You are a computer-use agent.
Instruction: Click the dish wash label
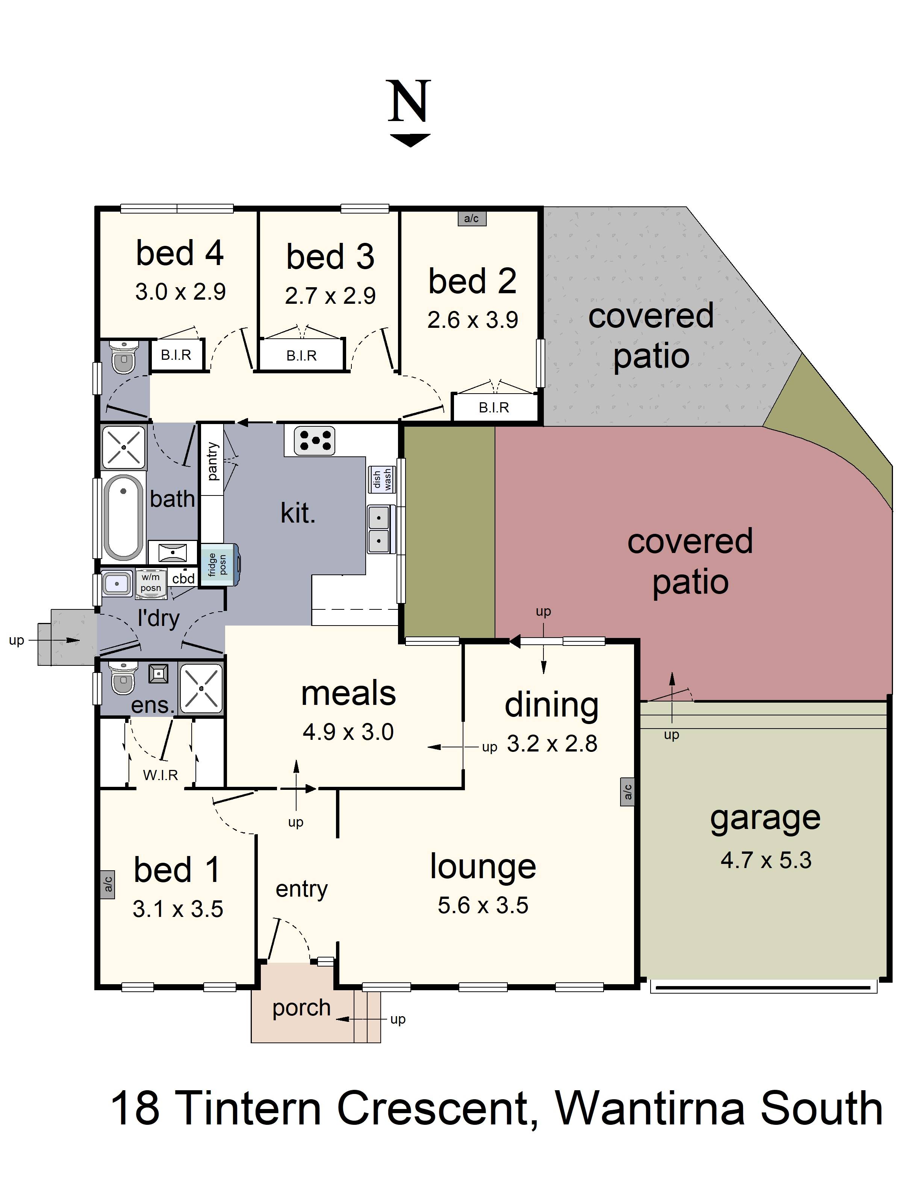(x=382, y=480)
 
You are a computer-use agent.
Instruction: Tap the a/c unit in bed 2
(x=471, y=218)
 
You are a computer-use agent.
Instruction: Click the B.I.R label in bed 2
(x=494, y=408)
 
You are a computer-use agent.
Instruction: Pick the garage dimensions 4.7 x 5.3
(x=766, y=860)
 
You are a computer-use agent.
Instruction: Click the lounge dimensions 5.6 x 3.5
(x=483, y=905)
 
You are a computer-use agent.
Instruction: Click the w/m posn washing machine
(x=151, y=583)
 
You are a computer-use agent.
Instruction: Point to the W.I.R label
(x=160, y=775)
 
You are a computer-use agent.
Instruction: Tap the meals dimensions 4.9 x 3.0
(x=348, y=732)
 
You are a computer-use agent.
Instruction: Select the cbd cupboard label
(x=183, y=578)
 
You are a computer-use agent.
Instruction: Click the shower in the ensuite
(x=201, y=688)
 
